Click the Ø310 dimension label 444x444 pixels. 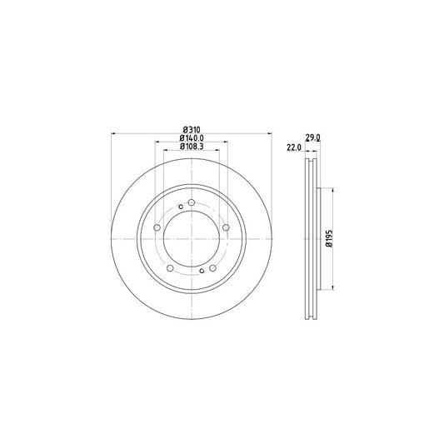pyautogui.click(x=192, y=129)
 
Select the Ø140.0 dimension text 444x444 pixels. pyautogui.click(x=192, y=138)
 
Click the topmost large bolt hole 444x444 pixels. pyautogui.click(x=192, y=204)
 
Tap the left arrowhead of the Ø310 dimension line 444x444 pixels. pyautogui.click(x=113, y=133)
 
